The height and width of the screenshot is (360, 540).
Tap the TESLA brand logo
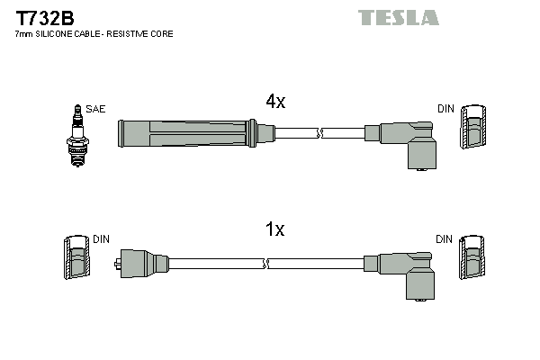(398, 17)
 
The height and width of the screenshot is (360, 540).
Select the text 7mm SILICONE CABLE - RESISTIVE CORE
(94, 34)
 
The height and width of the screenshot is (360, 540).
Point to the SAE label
(96, 109)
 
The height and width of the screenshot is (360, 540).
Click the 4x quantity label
(274, 103)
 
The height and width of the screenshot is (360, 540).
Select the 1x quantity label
(274, 230)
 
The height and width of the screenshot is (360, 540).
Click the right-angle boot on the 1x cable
(409, 272)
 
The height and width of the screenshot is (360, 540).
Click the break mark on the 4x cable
(319, 134)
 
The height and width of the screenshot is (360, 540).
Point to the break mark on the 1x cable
(267, 264)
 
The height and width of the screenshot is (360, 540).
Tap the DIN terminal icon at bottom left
(76, 261)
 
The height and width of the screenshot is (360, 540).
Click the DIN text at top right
(445, 109)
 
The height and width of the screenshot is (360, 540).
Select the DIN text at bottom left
(101, 239)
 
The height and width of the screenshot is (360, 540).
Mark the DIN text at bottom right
(445, 239)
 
